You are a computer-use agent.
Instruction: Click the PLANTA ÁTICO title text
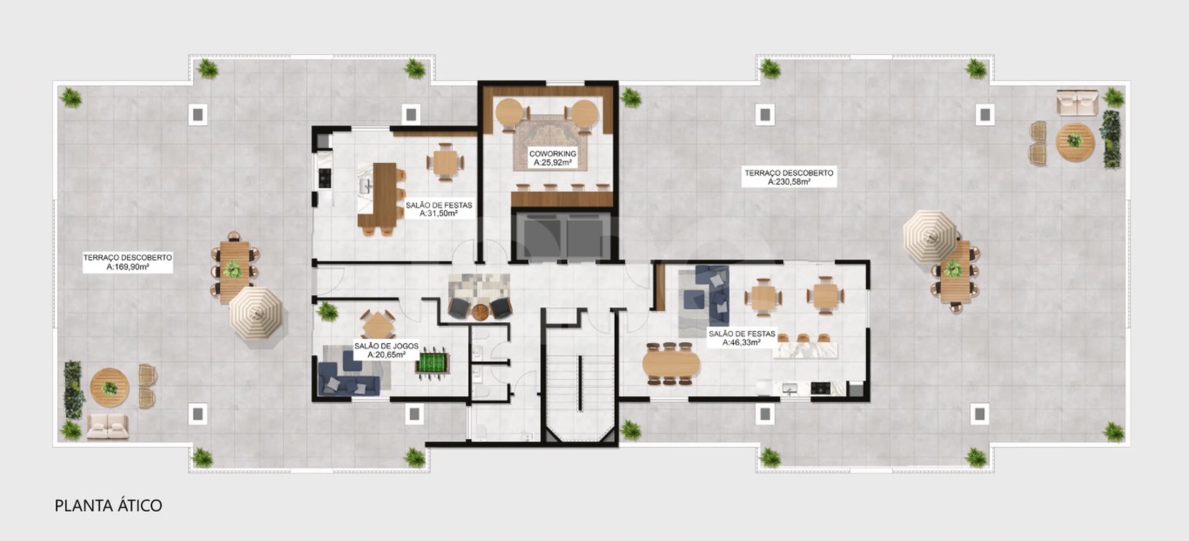point(108,506)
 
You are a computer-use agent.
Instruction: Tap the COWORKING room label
point(552,153)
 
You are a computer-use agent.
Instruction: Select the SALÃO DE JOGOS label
point(386,346)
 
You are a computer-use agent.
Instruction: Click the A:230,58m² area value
point(788,182)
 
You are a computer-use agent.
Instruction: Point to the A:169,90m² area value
point(128,267)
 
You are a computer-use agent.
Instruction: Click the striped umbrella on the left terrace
point(256,312)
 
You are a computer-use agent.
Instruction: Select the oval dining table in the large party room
point(671,364)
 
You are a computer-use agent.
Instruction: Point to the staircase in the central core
point(579,378)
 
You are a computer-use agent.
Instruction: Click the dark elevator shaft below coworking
point(563,235)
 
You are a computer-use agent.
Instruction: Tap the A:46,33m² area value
point(741,343)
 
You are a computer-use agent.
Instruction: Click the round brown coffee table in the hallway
point(480,311)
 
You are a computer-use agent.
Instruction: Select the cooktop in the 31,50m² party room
point(325,177)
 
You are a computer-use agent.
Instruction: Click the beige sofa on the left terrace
point(108,426)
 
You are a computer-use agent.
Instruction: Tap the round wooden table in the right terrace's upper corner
point(1075,142)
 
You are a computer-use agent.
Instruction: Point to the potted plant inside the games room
point(327,310)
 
